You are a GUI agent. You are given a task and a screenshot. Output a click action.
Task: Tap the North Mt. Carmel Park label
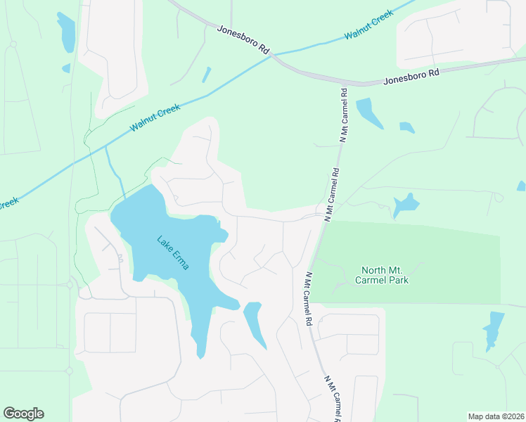pyautogui.click(x=385, y=275)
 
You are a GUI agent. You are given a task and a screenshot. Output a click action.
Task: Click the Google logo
pyautogui.click(x=23, y=414)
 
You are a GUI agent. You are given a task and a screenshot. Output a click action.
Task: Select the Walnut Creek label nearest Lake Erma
pyautogui.click(x=155, y=118)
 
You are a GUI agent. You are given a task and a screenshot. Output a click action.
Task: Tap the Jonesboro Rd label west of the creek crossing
pyautogui.click(x=243, y=40)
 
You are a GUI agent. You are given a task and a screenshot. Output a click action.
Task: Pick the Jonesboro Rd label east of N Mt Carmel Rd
pyautogui.click(x=411, y=77)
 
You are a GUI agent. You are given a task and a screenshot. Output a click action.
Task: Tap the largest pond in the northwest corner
pyautogui.click(x=66, y=32)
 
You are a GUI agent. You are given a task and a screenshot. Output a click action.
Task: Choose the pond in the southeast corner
pyautogui.click(x=494, y=328)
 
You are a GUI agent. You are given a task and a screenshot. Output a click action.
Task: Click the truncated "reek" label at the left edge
pyautogui.click(x=8, y=204)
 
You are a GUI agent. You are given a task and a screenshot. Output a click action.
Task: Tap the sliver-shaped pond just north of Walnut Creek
pyautogui.click(x=206, y=75)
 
